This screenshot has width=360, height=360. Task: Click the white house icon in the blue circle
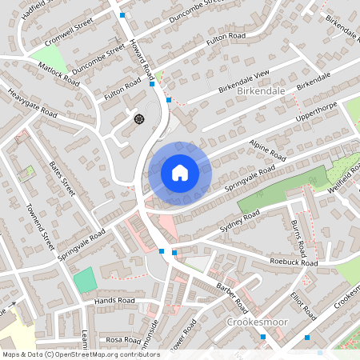pyautogui.click(x=179, y=172)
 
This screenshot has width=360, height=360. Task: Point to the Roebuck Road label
pyautogui.click(x=294, y=262)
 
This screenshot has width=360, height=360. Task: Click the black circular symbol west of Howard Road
pyautogui.click(x=139, y=120)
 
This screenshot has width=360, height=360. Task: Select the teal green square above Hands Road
pyautogui.click(x=83, y=281)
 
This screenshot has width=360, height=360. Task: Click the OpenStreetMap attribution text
pyautogui.click(x=81, y=354)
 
